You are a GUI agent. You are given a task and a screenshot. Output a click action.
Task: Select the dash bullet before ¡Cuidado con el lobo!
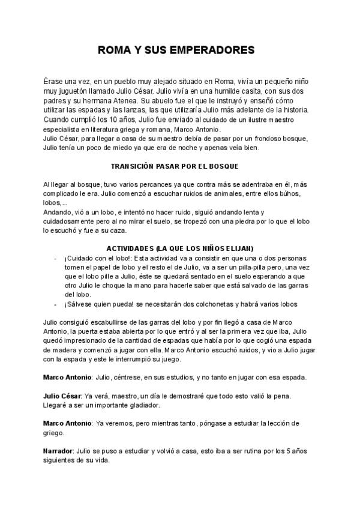coord(56,258)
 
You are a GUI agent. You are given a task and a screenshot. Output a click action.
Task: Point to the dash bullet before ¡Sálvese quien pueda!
coord(56,304)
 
